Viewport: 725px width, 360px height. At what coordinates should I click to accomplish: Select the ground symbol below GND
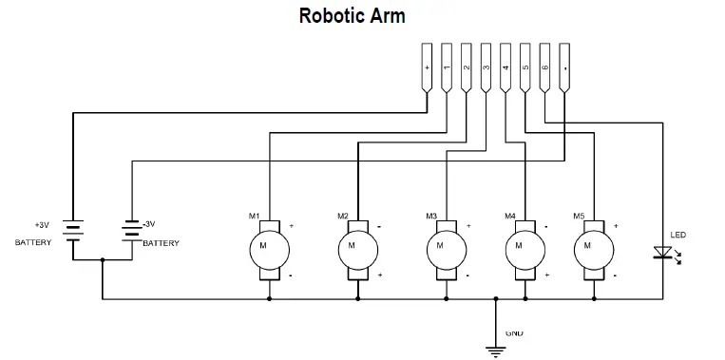495,351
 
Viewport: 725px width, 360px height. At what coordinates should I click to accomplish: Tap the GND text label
513,333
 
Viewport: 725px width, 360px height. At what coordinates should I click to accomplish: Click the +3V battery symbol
73,230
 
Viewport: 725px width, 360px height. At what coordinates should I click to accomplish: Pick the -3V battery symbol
130,230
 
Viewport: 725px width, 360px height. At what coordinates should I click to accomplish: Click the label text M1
254,217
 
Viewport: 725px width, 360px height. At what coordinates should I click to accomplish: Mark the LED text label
677,235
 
